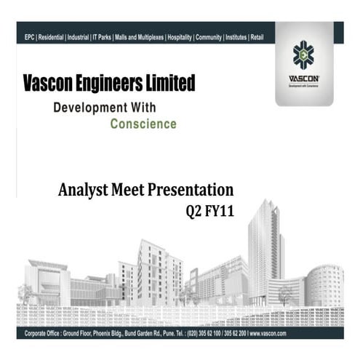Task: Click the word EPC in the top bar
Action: tap(29, 36)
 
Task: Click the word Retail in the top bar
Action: tap(257, 36)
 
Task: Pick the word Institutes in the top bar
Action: tap(233, 36)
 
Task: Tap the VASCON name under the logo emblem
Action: tap(303, 79)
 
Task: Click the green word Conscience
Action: tap(143, 124)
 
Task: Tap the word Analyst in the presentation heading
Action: tap(82, 191)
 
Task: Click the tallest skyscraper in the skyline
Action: tap(265, 247)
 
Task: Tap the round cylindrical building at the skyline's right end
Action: tap(324, 285)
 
